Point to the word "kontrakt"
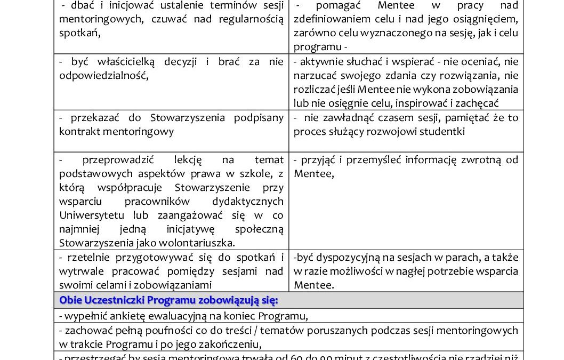(77, 131)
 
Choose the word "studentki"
(445, 131)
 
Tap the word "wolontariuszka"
(200, 243)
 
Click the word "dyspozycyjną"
(345, 258)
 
